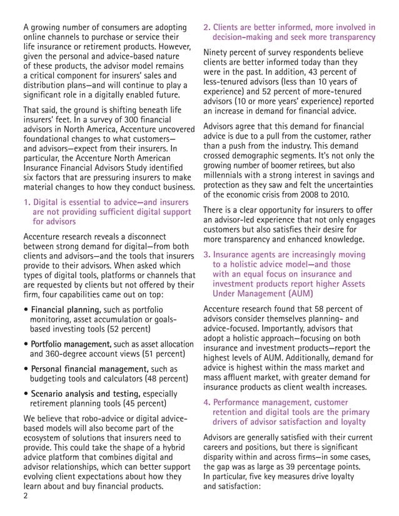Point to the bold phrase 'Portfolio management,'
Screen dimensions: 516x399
pyautogui.click(x=68, y=344)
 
